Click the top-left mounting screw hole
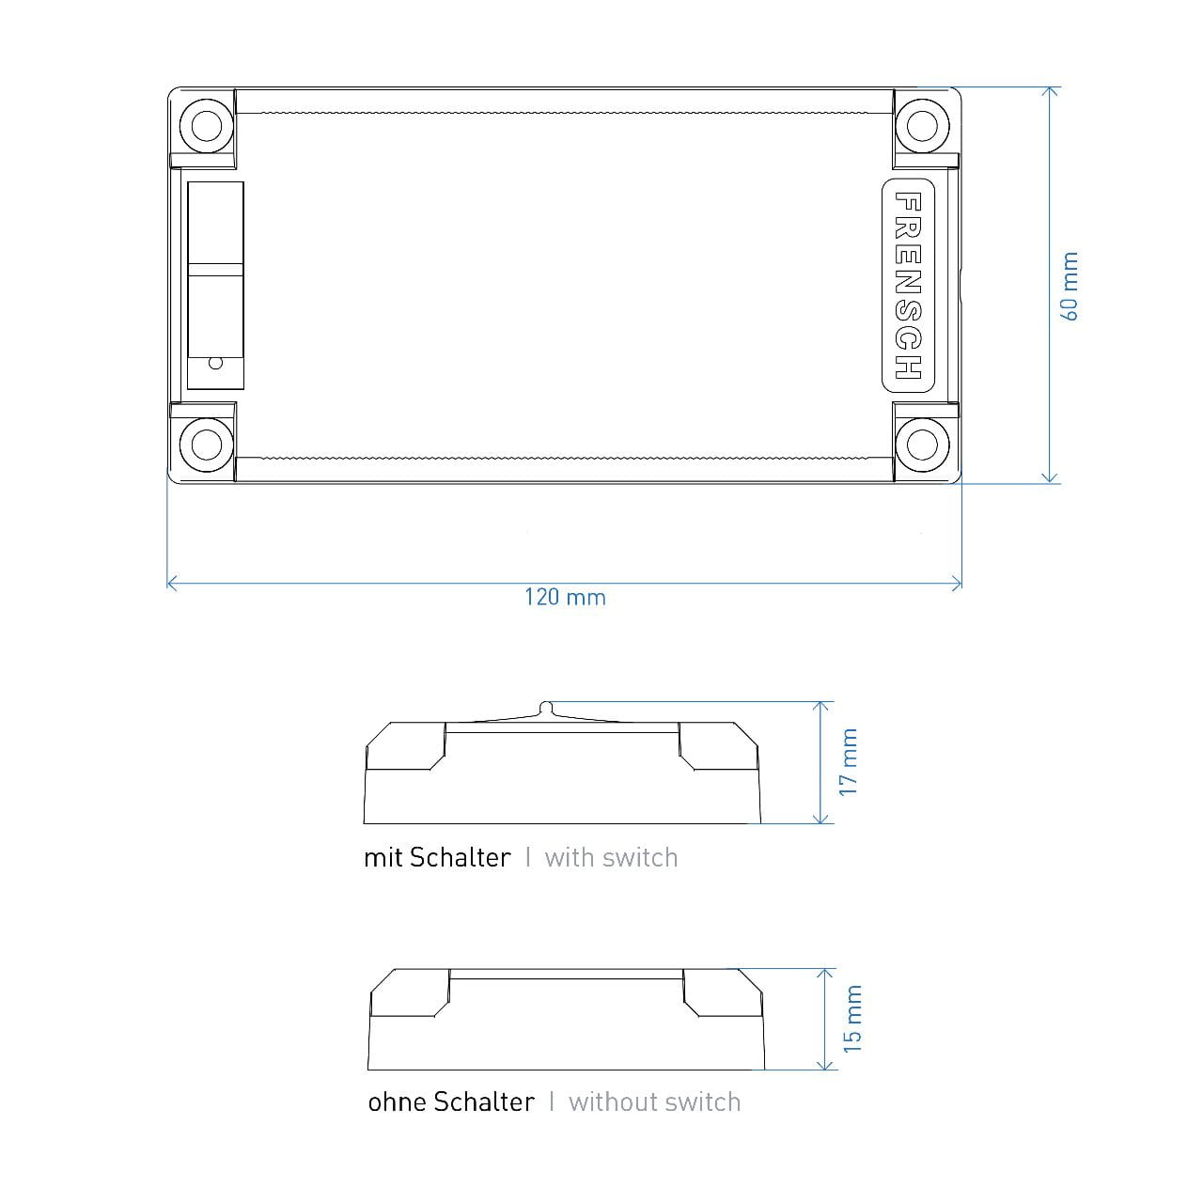206,125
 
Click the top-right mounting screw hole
921,125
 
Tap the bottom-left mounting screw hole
206,443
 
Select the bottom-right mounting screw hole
921,443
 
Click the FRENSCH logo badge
908,285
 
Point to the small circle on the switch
215,363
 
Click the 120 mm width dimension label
565,598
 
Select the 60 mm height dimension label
1070,287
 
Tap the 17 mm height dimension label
849,762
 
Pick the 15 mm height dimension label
851,1019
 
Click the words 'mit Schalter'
437,857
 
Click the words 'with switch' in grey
611,857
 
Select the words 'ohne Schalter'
451,1101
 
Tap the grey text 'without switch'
654,1101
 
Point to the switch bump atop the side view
546,706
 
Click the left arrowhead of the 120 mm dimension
170,584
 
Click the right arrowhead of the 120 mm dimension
959,584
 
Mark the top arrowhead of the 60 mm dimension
1051,91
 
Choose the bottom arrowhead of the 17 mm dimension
821,820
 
